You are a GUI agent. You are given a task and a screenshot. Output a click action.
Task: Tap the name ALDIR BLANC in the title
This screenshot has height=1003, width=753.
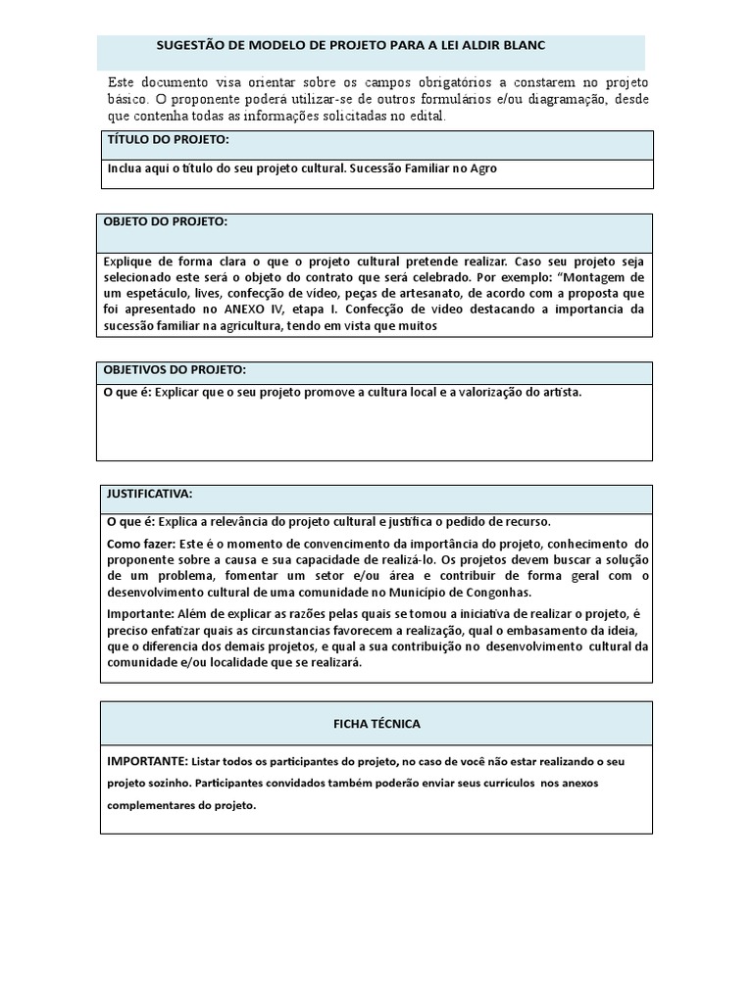tap(505, 46)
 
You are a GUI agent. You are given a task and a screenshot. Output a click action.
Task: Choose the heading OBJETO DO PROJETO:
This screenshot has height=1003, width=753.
tap(166, 222)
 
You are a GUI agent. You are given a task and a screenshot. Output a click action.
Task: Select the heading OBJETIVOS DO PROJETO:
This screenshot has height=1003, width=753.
tap(176, 369)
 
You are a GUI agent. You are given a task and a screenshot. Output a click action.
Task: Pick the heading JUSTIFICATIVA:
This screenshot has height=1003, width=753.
tap(150, 493)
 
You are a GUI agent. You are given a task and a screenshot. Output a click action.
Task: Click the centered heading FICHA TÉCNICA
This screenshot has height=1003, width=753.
tap(376, 724)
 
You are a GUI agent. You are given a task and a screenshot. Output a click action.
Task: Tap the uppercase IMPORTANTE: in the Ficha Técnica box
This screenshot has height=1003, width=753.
tap(146, 761)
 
